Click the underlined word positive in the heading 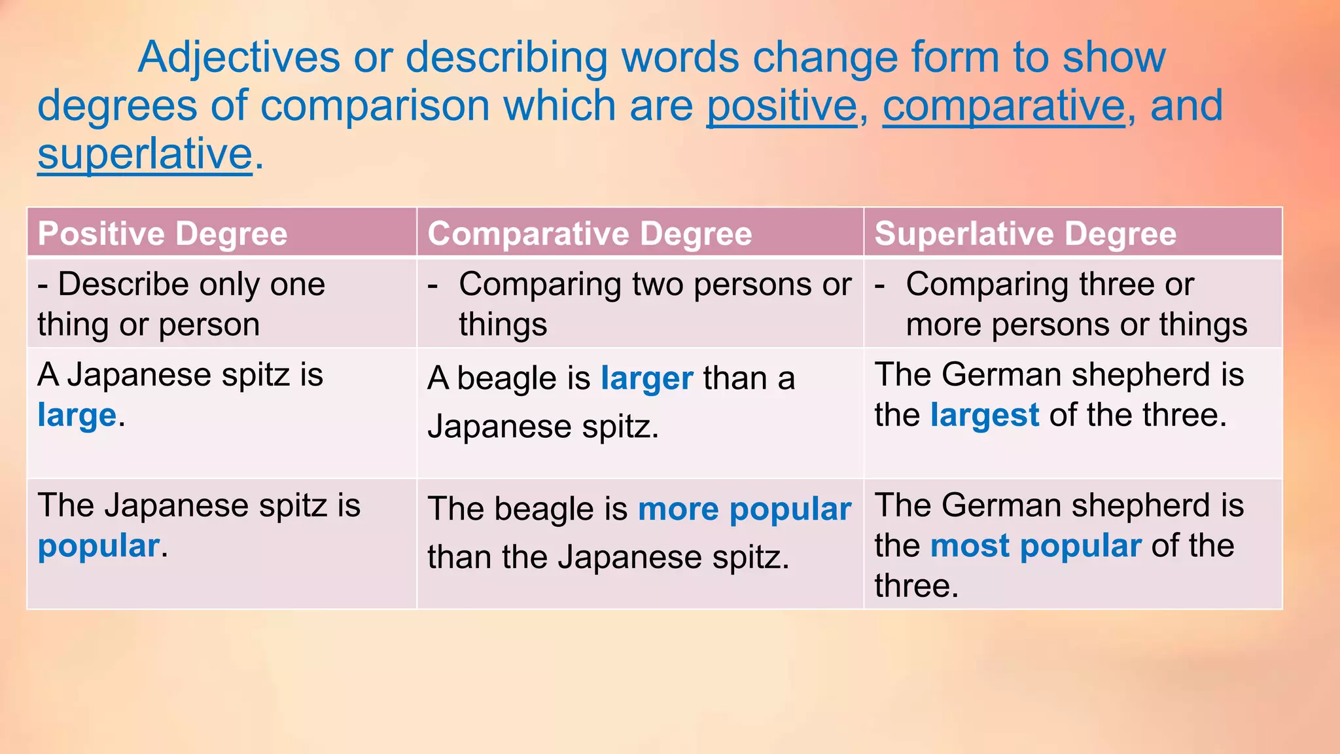coord(782,107)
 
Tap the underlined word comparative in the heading coord(1004,107)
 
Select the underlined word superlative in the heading coord(145,154)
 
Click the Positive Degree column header coord(162,234)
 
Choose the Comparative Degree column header coord(590,234)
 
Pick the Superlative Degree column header coord(1025,234)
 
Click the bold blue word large coord(77,416)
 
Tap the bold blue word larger coord(646,379)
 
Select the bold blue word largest coord(984,416)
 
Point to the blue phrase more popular coord(744,509)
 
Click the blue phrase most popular coord(1035,546)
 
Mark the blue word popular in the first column coord(98,546)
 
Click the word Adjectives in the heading coord(239,58)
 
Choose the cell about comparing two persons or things coord(639,304)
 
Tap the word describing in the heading coord(507,58)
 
